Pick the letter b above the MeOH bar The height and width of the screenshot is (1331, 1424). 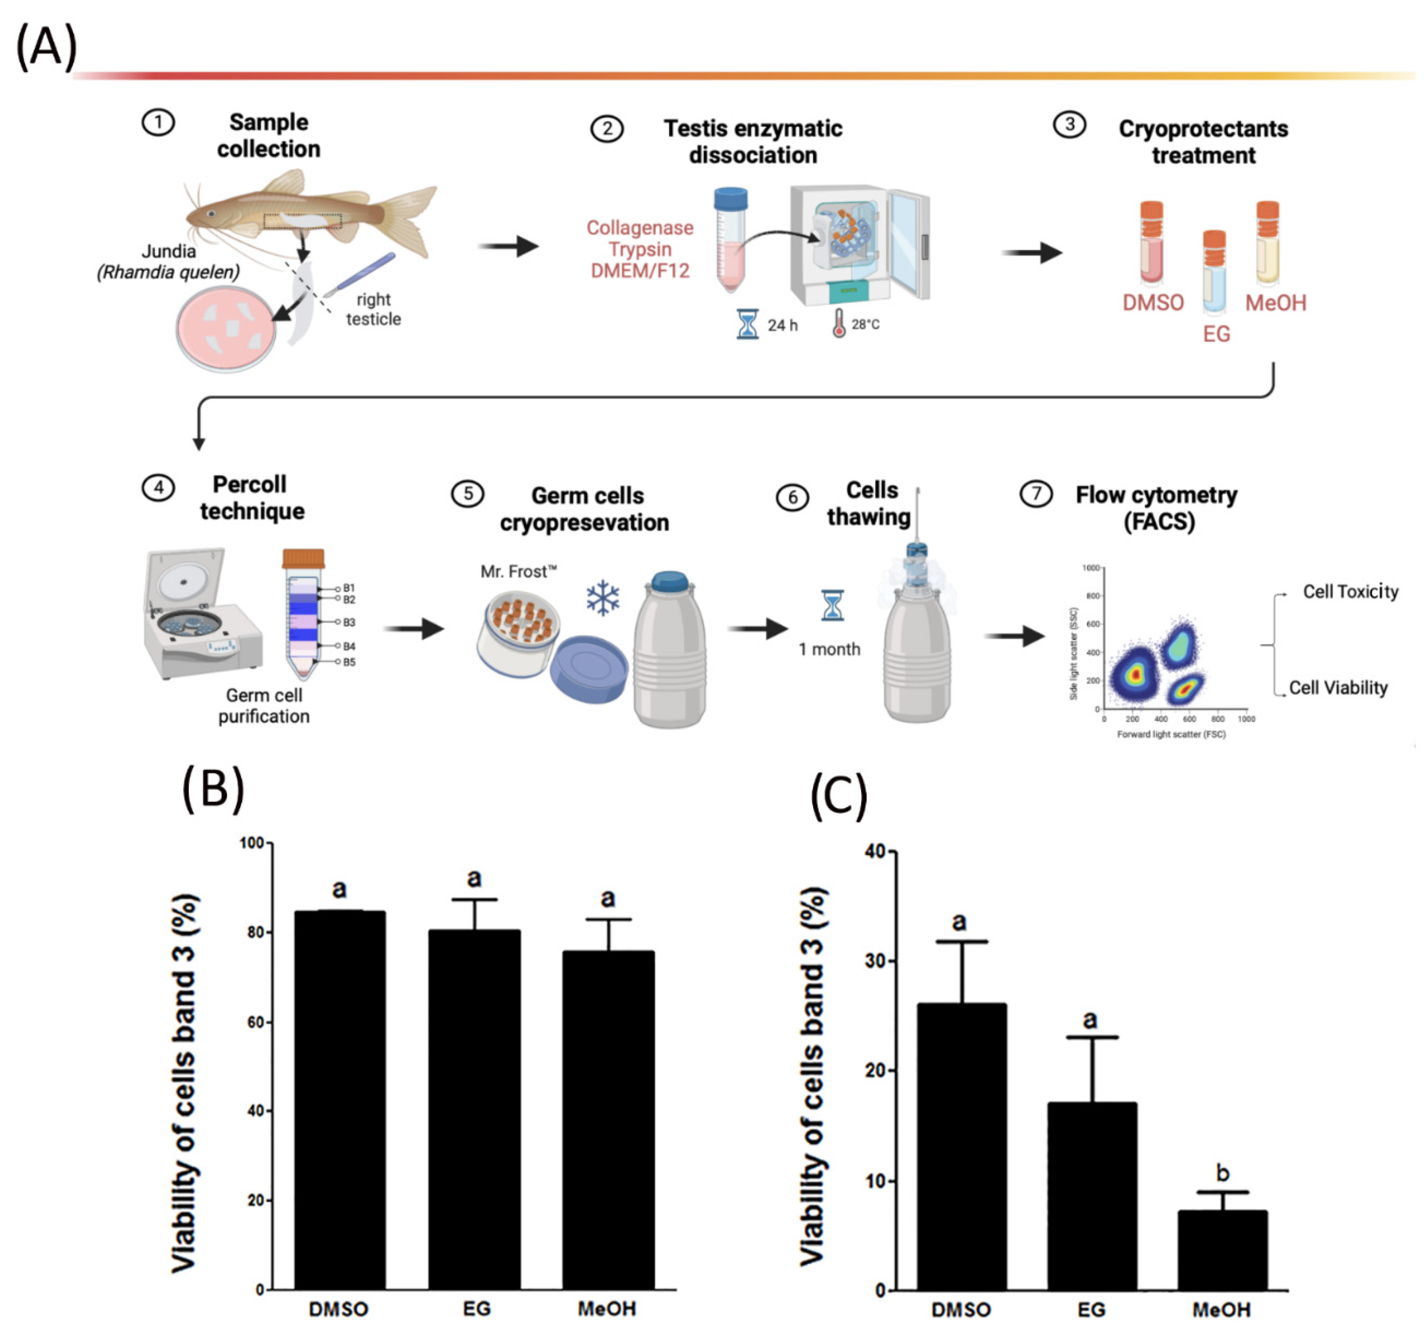1223,1173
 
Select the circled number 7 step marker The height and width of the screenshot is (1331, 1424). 1036,494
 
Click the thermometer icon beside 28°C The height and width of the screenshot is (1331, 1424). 838,324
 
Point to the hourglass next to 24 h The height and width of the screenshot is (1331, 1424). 747,324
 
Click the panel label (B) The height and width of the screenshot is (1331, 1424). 213,789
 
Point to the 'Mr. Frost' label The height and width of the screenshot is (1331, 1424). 518,571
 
